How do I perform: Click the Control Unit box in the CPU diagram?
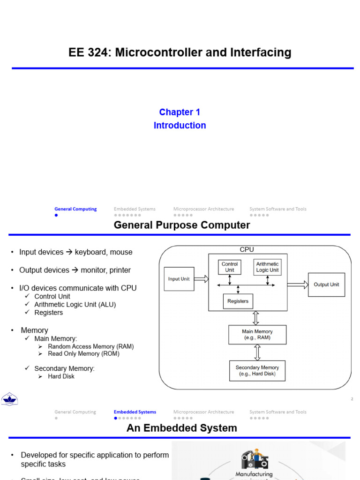230,267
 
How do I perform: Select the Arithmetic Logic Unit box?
267,267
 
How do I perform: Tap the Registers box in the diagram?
238,301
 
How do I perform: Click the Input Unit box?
179,279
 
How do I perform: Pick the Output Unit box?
326,285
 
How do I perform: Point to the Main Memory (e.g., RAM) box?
257,335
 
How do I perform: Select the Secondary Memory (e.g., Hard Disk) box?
257,371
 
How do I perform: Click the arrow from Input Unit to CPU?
201,279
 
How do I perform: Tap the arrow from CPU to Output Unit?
298,285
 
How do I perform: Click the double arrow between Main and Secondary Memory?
256,352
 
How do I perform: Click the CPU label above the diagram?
247,250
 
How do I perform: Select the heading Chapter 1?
180,112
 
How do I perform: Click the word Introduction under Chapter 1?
180,126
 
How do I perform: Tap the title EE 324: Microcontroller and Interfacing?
180,52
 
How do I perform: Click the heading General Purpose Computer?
182,225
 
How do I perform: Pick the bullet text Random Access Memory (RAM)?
90,346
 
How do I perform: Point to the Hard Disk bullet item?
61,376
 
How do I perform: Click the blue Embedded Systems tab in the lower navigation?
135,412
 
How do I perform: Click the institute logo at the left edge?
9,399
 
